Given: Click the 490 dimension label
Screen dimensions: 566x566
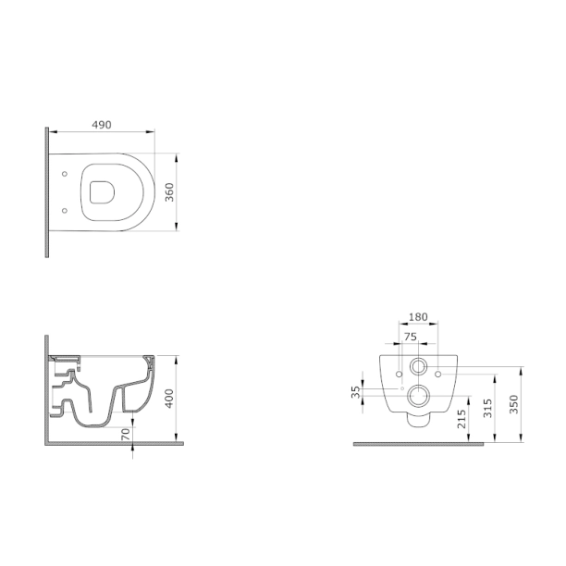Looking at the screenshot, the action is tap(102, 125).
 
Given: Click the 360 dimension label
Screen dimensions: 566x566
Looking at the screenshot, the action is tap(169, 192).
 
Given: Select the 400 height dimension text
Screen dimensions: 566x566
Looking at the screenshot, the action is tap(169, 399).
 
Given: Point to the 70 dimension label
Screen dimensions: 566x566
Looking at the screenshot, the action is tap(126, 435).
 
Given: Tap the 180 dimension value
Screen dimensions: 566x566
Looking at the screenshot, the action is tap(418, 317).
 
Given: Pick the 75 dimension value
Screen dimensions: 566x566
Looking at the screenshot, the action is tap(411, 337).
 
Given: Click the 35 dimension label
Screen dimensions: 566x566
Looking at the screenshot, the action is tap(356, 392).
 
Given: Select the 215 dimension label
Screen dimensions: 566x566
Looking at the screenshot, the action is tap(461, 419).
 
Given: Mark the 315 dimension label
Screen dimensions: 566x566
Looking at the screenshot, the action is tap(487, 408).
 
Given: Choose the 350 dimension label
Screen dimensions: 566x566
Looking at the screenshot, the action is tap(514, 404).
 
